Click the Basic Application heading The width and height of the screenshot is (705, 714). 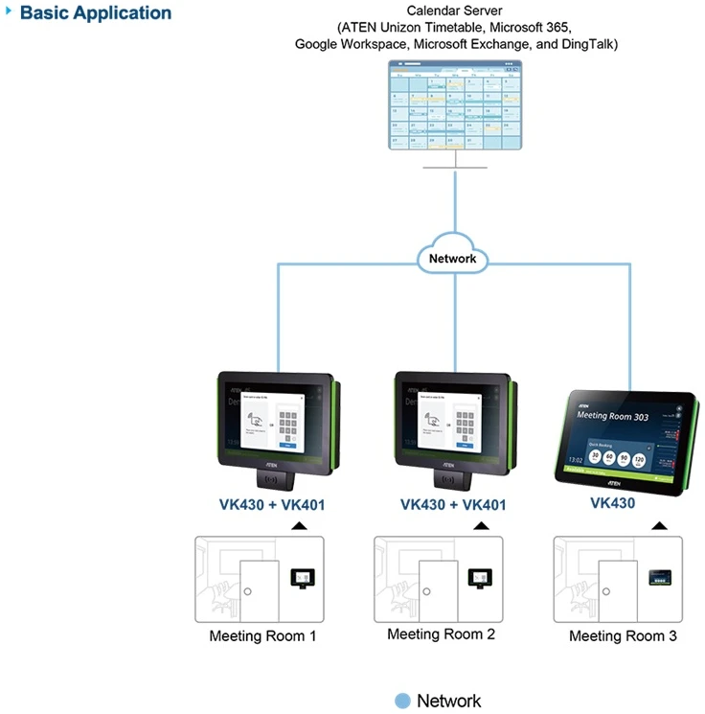pos(95,13)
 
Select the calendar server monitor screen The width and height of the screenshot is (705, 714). pos(455,106)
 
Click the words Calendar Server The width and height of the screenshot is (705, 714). pos(455,11)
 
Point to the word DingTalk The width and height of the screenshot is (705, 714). pos(584,44)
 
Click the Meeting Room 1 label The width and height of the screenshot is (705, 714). pos(262,635)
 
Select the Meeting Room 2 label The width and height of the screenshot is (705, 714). pos(441,634)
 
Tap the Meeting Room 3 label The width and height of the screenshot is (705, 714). pos(623,635)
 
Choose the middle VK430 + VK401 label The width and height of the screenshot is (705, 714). pos(452,505)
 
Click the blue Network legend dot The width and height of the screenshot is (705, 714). pos(403,701)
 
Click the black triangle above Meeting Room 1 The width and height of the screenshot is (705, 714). pos(299,526)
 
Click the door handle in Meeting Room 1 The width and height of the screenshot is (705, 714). pos(247,591)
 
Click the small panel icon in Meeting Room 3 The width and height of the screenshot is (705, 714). pos(660,576)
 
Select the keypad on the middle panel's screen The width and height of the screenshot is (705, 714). pos(466,423)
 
